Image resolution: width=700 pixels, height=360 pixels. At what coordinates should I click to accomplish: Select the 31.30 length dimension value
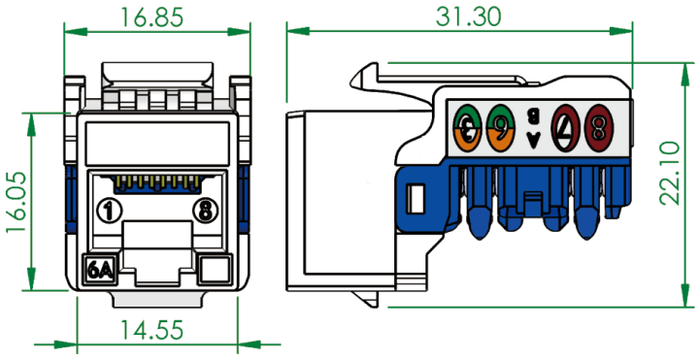pyautogui.click(x=469, y=16)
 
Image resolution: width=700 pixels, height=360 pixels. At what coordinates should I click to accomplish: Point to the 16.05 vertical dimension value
pyautogui.click(x=17, y=201)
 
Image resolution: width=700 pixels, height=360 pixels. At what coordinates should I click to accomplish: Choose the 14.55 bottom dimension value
pyautogui.click(x=152, y=331)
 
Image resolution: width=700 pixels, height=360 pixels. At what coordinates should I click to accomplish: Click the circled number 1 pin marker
pyautogui.click(x=108, y=210)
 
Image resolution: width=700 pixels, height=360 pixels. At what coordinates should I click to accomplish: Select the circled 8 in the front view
pyautogui.click(x=205, y=210)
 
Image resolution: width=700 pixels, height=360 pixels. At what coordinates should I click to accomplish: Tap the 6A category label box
pyautogui.click(x=100, y=269)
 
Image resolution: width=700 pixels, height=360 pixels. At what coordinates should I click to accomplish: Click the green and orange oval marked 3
pyautogui.click(x=468, y=127)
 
